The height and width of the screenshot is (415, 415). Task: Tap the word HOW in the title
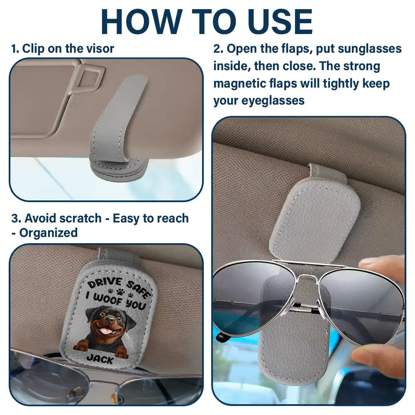[x=138, y=21]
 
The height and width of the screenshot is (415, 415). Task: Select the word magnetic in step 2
[x=241, y=83]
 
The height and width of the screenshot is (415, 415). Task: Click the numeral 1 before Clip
[x=14, y=49]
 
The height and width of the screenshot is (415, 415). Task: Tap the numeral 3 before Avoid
[x=14, y=218]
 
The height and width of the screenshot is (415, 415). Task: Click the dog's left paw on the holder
[x=80, y=346]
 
